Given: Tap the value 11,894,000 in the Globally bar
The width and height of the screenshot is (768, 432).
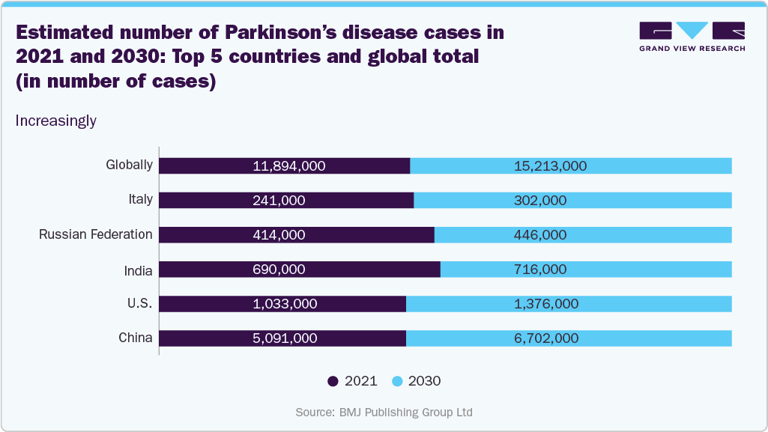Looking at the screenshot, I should coord(284,166).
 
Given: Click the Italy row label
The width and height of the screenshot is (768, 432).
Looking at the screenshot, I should coord(140,200).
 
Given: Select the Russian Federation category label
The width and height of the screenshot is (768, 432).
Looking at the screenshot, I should coord(96,234).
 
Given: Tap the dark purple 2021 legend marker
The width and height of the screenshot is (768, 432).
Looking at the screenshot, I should coord(333,381).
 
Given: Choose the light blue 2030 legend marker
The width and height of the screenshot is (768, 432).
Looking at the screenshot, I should coord(397,381).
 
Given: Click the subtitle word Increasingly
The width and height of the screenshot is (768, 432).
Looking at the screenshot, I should coord(56,121).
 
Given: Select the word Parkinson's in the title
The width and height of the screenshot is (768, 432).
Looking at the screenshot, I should coord(251,34).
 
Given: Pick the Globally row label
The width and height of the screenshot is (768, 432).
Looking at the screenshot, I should coord(130,165).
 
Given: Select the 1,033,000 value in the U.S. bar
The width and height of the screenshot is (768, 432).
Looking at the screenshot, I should coord(284,304).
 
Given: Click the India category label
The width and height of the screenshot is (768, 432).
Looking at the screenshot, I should coord(138,270).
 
